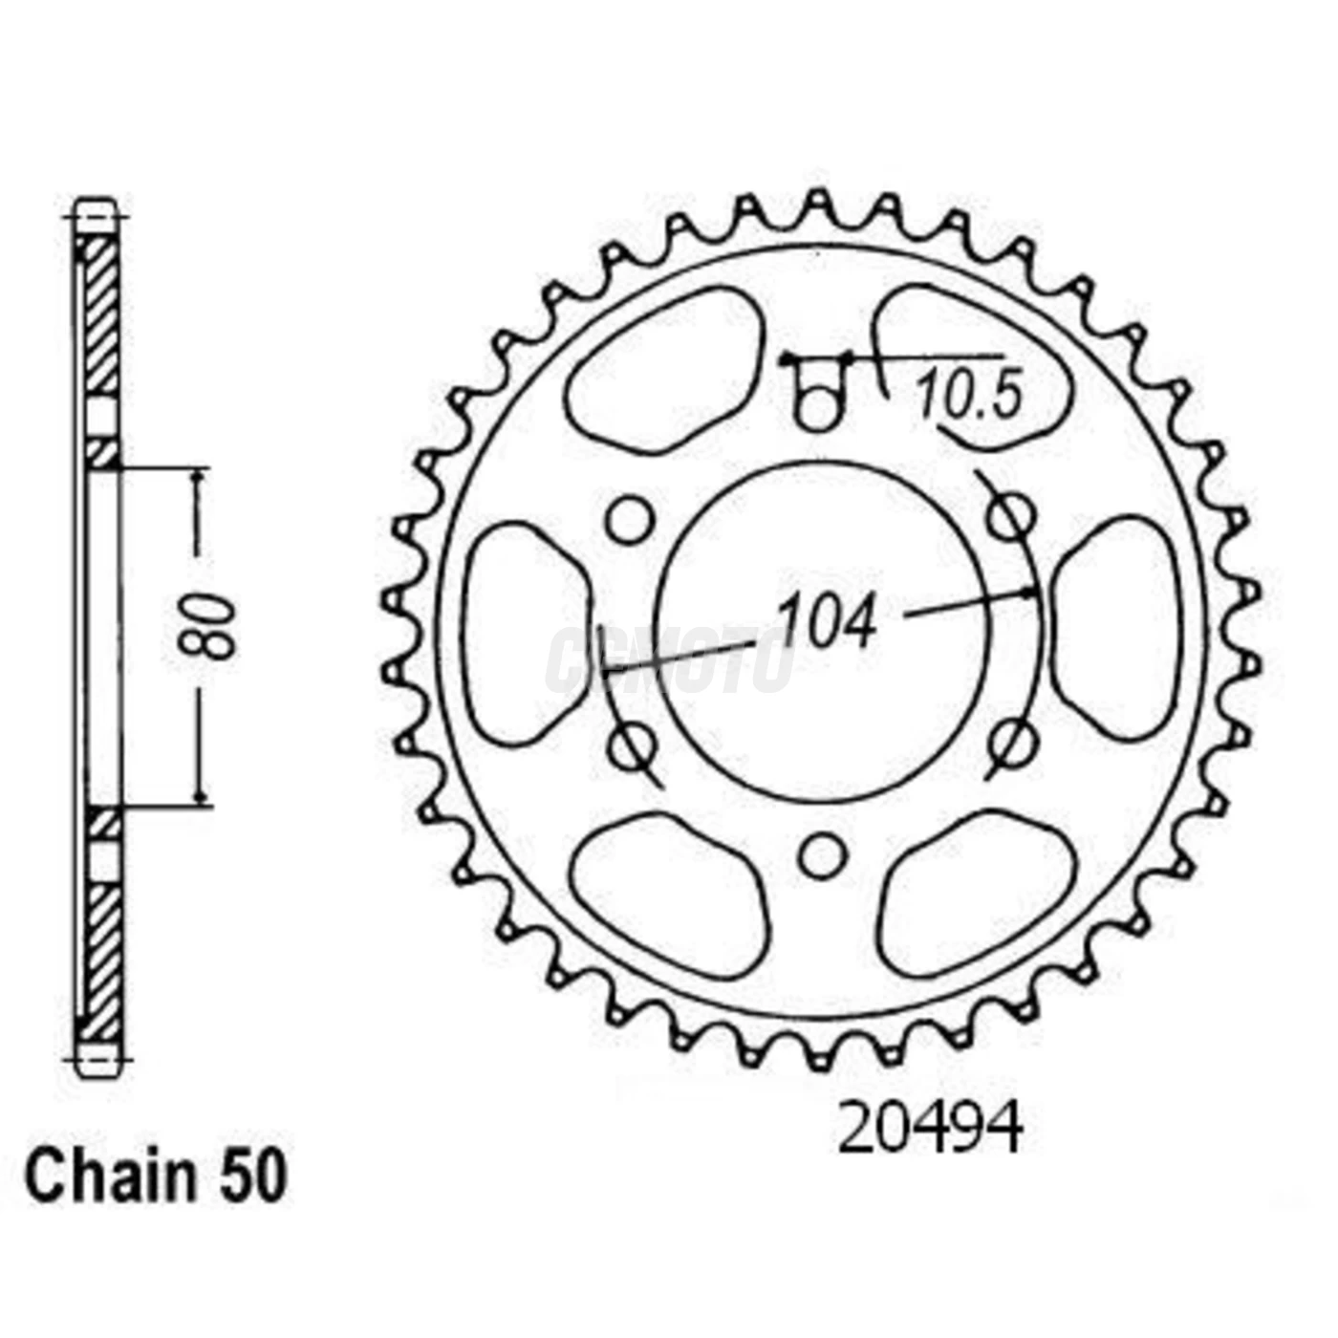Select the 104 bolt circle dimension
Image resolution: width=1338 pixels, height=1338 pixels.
826,623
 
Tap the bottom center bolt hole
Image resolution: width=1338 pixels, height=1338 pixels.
822,855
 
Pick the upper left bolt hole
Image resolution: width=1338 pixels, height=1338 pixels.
630,521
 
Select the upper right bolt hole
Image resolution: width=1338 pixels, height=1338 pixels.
1010,518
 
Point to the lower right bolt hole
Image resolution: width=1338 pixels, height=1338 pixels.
1010,741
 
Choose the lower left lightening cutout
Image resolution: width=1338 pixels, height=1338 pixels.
669,894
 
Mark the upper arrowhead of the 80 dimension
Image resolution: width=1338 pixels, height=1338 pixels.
199,477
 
